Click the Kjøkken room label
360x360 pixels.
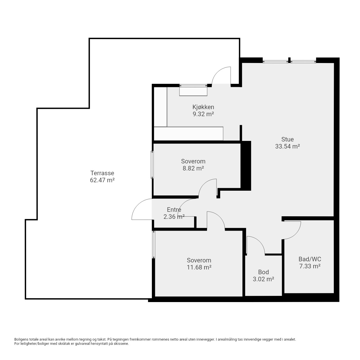pos(203,107)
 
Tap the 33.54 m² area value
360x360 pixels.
pos(287,146)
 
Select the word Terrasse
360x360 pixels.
pos(102,173)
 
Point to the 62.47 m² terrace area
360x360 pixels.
pos(102,180)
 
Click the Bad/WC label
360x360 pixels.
pos(310,259)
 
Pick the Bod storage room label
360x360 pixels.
pos(264,272)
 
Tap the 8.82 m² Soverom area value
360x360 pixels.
pos(193,168)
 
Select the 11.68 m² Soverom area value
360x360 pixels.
pos(199,267)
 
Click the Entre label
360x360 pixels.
pos(174,210)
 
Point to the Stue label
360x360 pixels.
pos(287,139)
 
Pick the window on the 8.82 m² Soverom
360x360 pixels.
pos(152,165)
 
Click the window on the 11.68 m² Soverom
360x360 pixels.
pos(154,244)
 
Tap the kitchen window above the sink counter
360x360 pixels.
pos(193,86)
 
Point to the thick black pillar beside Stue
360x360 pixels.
pos(246,166)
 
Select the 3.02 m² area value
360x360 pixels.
pos(264,279)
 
